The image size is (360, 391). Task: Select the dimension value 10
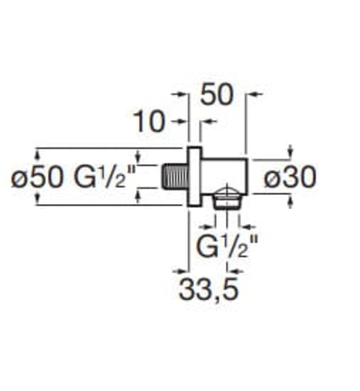[149, 122]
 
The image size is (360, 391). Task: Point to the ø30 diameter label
[290, 178]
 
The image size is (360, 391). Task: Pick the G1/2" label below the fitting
[228, 246]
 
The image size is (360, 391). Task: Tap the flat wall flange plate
[194, 177]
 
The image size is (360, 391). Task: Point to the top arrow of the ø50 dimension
[38, 152]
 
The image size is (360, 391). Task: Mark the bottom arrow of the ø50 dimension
[38, 199]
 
